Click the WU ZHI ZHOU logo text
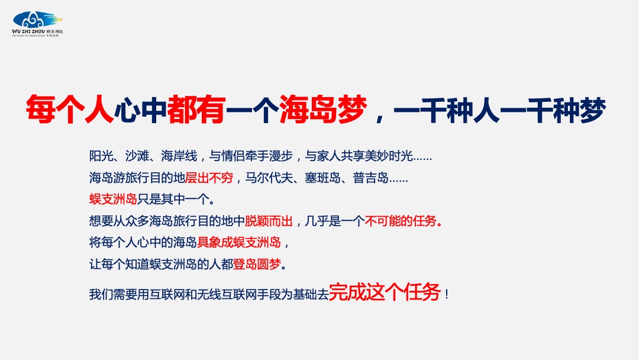click(x=28, y=31)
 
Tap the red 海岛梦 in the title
click(x=323, y=110)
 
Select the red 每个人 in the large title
click(x=70, y=110)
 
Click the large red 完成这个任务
click(x=385, y=292)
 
